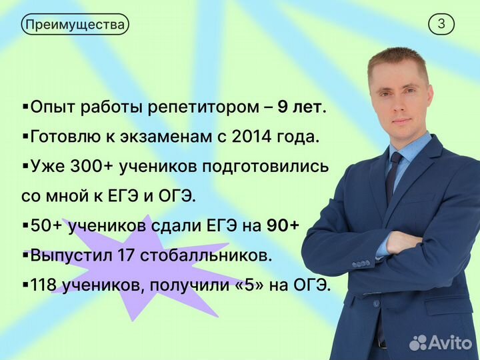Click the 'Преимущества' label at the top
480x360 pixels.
75,25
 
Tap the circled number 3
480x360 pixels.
441,25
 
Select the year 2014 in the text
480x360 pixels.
252,137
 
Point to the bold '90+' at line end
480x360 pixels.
282,226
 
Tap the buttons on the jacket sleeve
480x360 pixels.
361,263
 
